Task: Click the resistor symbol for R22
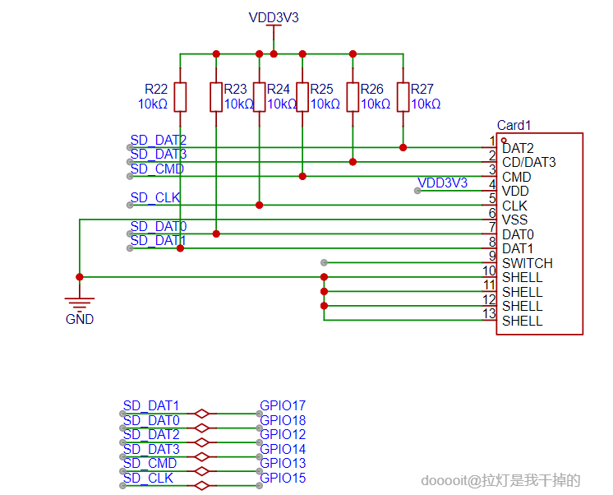click(180, 97)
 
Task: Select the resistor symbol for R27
click(403, 97)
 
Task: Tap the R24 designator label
click(279, 89)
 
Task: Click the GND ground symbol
click(80, 305)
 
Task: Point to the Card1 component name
click(514, 126)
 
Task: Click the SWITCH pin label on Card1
click(527, 263)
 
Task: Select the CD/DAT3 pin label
click(528, 163)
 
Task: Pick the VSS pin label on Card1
click(514, 220)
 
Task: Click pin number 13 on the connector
click(488, 313)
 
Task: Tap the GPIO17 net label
click(283, 405)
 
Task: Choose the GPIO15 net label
click(283, 478)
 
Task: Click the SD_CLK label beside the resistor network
click(155, 198)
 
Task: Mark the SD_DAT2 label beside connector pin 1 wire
click(159, 141)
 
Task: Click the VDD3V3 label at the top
click(274, 17)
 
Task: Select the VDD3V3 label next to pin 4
click(443, 183)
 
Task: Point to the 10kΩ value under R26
click(376, 104)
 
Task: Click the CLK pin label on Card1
click(514, 206)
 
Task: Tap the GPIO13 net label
click(283, 464)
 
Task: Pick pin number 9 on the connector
click(491, 256)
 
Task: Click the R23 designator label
click(235, 89)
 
